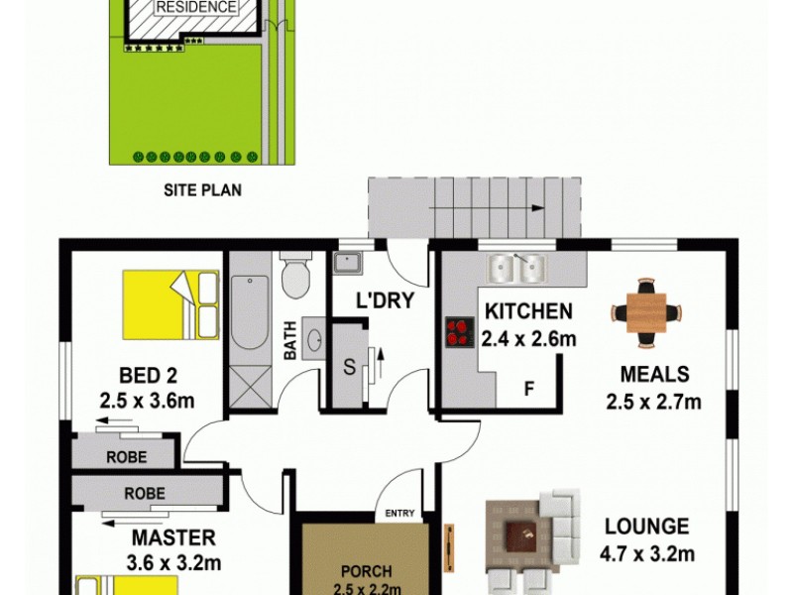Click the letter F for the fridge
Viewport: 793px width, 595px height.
point(528,388)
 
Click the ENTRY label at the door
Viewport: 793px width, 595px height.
point(399,513)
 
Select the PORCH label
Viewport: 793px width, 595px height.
point(366,571)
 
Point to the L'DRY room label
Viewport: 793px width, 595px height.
point(385,301)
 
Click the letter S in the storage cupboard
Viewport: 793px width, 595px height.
point(348,365)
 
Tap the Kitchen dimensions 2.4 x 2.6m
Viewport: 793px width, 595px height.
point(528,338)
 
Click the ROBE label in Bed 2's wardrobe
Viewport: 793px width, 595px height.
point(126,457)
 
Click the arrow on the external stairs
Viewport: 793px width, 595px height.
point(535,209)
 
